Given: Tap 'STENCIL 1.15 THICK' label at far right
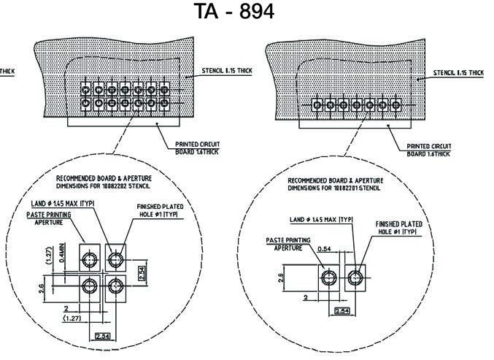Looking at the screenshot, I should (x=458, y=73).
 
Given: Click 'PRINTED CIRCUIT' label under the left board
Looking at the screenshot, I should (x=197, y=144).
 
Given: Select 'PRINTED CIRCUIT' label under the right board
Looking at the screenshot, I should (x=429, y=145).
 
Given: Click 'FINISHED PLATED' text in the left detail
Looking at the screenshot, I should (x=160, y=207).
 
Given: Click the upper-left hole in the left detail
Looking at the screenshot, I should (x=90, y=259).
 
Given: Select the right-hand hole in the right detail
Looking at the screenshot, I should (x=355, y=277).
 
